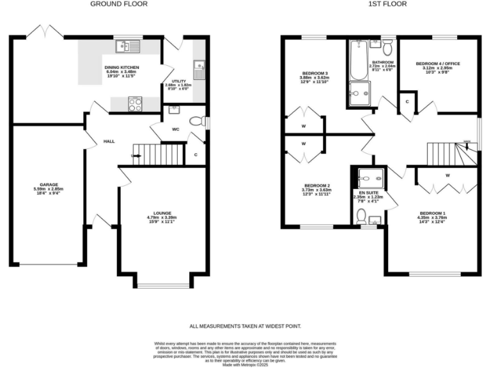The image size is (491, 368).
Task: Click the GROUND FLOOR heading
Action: (118, 4)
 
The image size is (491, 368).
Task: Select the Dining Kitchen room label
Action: (121, 67)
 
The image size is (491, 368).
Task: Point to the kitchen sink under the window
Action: (127, 46)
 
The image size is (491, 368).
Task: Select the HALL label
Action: (109, 141)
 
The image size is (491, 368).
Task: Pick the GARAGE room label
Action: (49, 185)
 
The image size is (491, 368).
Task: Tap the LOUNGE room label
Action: (162, 213)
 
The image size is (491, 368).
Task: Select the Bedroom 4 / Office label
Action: (438, 64)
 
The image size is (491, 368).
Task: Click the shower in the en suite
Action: (369, 177)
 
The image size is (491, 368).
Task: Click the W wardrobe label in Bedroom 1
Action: (448, 175)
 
